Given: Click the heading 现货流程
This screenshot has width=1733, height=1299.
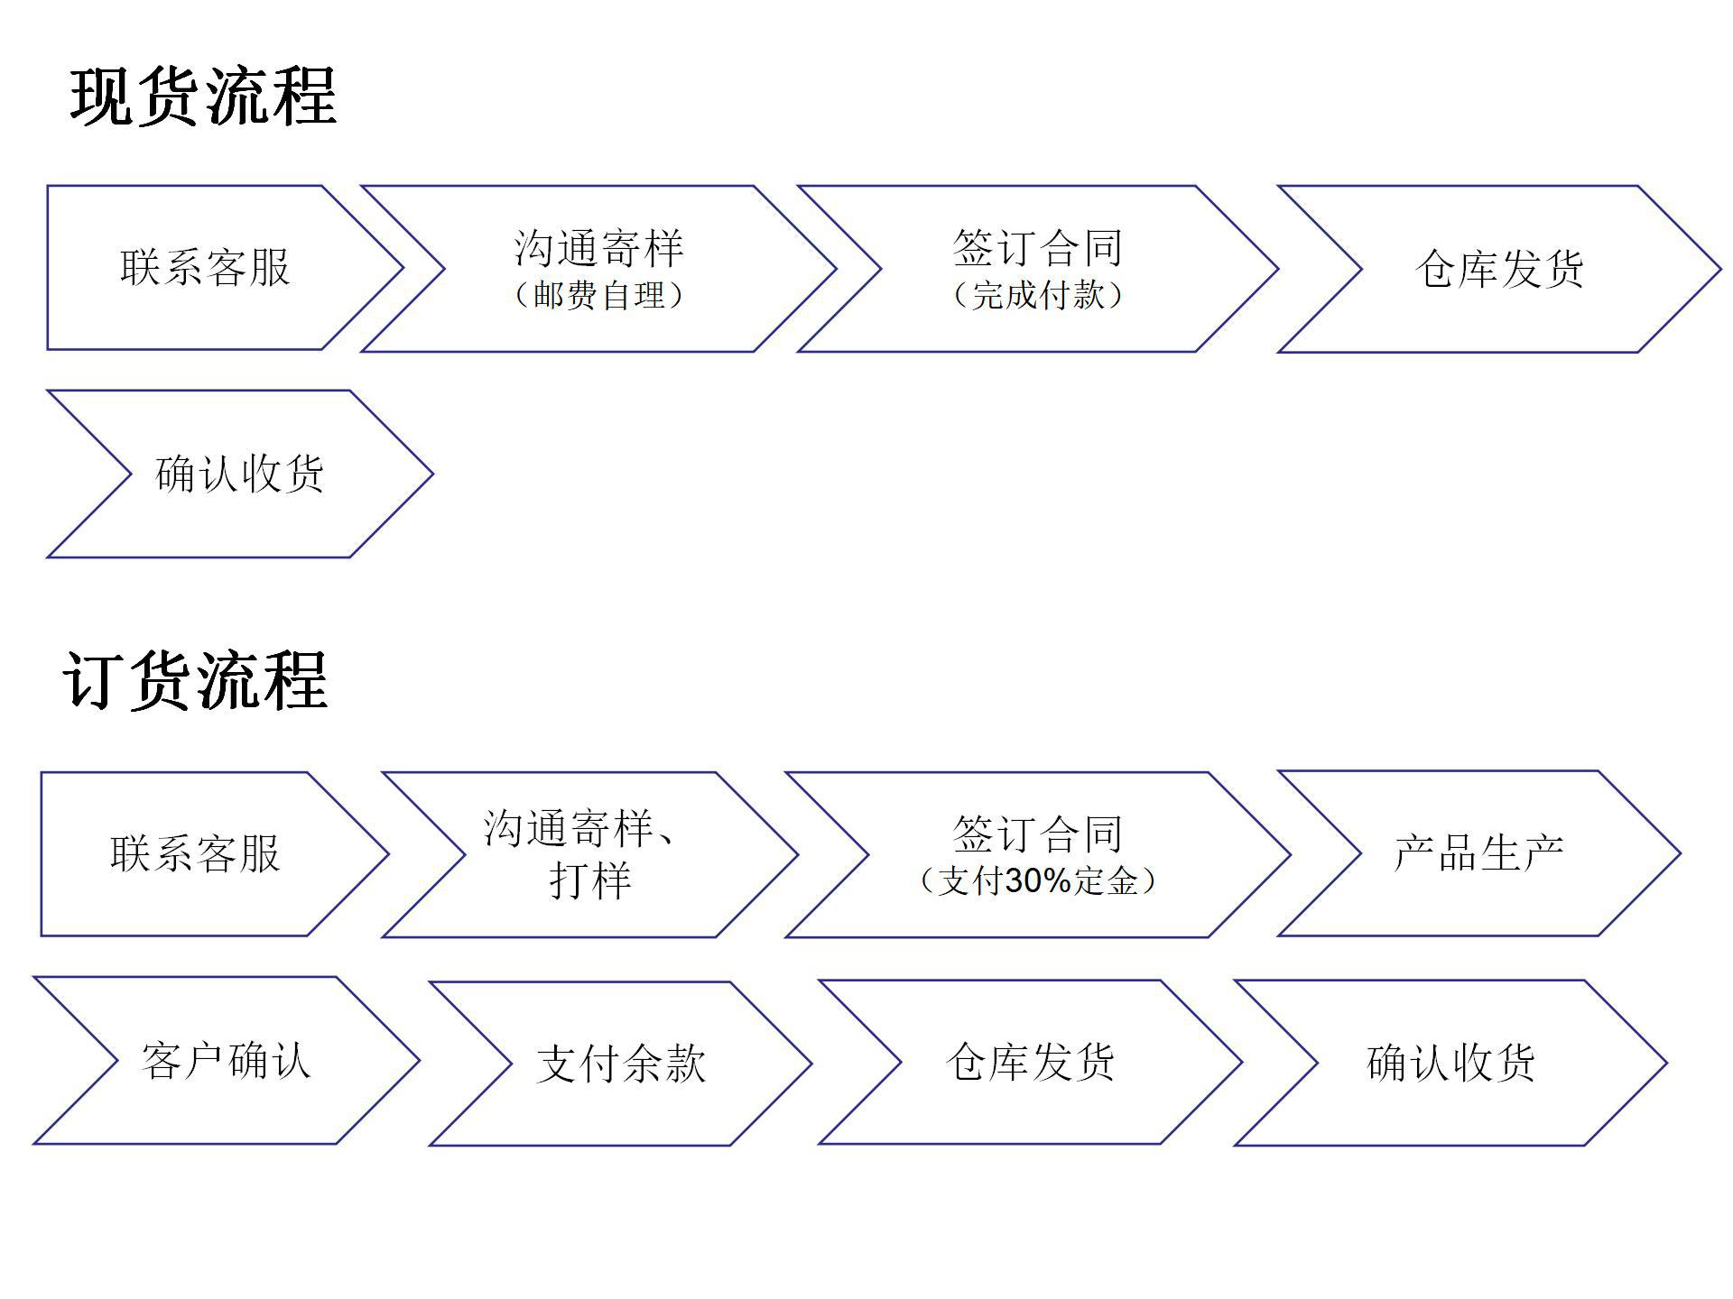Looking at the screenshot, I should [204, 97].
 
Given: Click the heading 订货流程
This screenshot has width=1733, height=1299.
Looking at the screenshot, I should [196, 681].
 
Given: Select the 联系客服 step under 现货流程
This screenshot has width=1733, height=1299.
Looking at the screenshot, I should [205, 268].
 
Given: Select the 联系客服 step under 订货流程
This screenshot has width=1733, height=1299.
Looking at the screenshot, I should [195, 853].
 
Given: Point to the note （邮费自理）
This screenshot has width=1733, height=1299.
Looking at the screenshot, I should [598, 296].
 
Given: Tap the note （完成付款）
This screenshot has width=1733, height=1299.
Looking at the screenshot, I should [1037, 296].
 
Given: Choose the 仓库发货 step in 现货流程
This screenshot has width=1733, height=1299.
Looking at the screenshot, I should [1499, 269].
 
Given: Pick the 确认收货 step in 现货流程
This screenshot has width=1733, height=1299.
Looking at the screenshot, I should [239, 474].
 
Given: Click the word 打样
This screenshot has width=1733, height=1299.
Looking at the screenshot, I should [590, 880].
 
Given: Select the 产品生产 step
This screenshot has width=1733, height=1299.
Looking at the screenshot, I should [1478, 853].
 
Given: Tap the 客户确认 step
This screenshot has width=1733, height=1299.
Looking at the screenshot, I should [226, 1060].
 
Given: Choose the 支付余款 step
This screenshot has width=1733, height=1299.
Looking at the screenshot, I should [621, 1064].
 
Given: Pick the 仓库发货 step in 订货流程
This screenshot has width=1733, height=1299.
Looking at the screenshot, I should [1030, 1062].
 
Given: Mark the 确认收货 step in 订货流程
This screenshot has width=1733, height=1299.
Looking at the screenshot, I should [1450, 1063].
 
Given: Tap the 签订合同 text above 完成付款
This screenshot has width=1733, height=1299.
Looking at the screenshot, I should [1037, 248].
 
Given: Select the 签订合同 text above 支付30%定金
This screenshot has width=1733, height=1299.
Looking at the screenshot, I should [1037, 834].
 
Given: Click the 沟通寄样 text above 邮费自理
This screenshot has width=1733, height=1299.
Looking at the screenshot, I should [598, 248].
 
